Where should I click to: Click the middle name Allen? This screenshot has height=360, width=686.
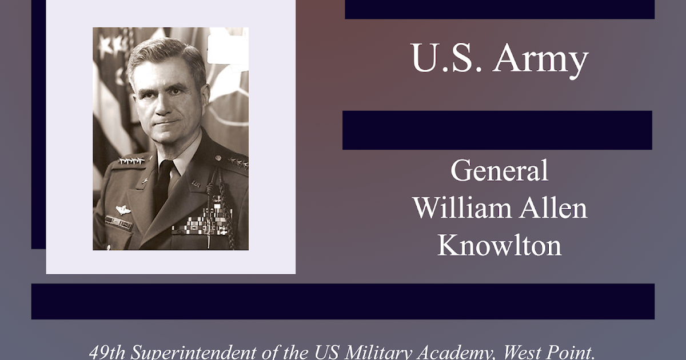click(x=553, y=208)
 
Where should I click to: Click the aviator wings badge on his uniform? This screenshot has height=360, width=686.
click(x=122, y=210)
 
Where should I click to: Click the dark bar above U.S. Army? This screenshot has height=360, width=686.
click(x=500, y=10)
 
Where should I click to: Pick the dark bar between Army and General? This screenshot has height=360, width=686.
click(x=497, y=130)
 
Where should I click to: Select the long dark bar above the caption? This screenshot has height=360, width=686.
click(x=342, y=301)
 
